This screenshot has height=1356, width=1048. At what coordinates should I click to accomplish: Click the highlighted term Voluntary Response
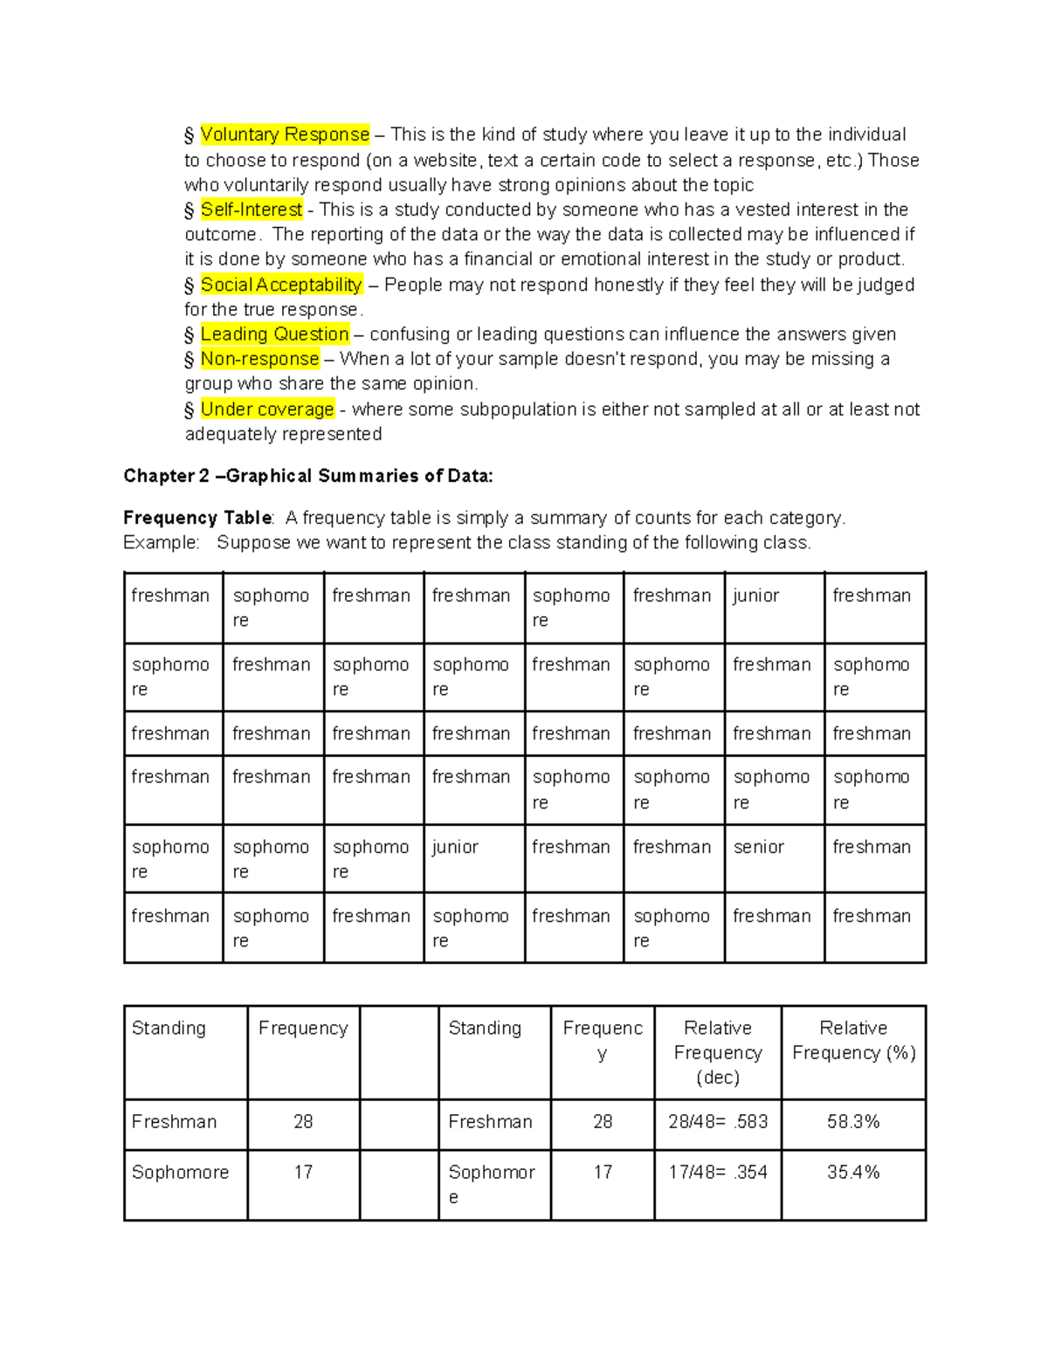point(285,134)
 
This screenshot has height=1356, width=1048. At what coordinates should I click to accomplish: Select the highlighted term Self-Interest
point(252,210)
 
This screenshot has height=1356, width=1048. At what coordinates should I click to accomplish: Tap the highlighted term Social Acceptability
point(280,285)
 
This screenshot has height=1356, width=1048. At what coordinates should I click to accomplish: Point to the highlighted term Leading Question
point(274,334)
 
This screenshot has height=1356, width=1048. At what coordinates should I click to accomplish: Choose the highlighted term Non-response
point(259,359)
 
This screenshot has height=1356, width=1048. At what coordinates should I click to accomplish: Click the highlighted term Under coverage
point(267,410)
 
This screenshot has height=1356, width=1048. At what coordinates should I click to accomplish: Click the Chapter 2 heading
point(307,476)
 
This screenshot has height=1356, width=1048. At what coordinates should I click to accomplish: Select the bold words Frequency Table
point(197,518)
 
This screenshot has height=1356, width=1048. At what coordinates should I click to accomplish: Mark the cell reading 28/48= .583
point(717,1122)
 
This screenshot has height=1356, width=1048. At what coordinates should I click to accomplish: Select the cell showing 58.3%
point(852,1122)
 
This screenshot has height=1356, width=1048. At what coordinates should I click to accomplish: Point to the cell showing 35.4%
point(852,1173)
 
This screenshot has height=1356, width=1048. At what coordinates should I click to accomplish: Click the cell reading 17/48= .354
point(717,1173)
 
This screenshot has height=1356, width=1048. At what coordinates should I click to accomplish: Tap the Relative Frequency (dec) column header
point(717,1052)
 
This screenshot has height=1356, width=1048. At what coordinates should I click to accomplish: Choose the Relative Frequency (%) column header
point(852,1041)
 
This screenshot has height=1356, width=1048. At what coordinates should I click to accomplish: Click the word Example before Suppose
point(160,543)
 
